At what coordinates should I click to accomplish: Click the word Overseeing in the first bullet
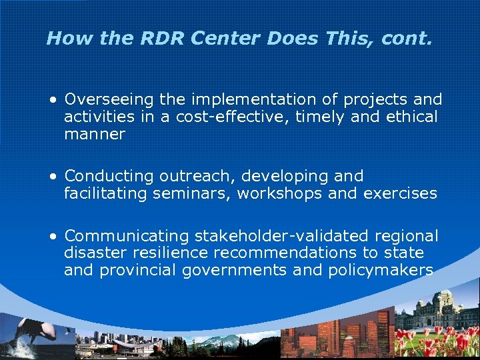coord(109,100)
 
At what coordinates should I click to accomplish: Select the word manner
coord(94,134)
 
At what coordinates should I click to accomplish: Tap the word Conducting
coord(109,177)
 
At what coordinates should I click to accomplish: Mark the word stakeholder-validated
coord(282,236)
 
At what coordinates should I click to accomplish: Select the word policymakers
coord(380,271)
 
